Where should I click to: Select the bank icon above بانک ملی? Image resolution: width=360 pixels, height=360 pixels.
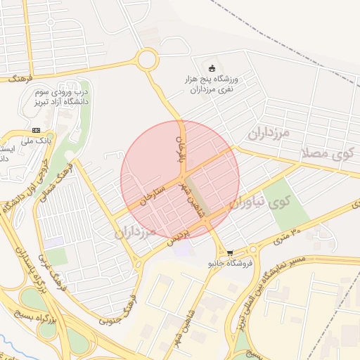point(36,130)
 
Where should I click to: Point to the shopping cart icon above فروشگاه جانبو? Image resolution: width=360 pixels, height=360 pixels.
point(230,252)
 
